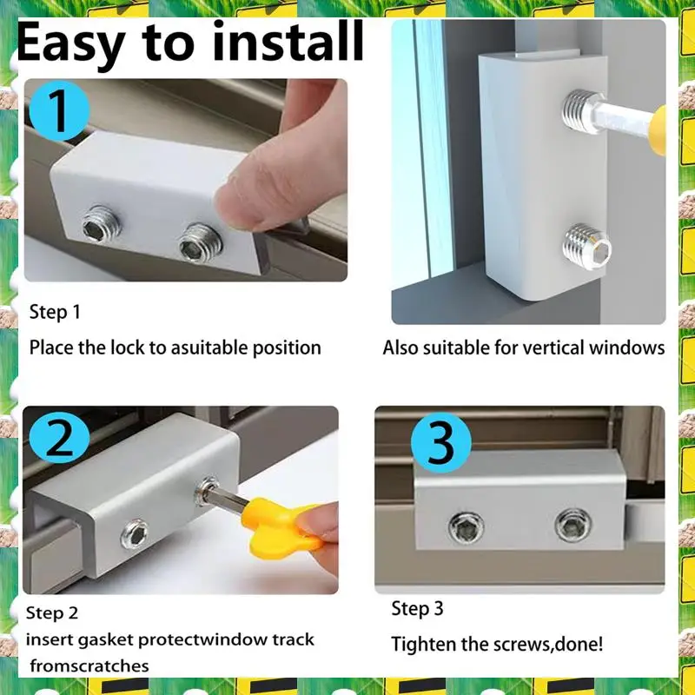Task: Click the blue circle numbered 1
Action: [59, 111]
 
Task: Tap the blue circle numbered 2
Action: [59, 437]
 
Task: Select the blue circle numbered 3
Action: [440, 443]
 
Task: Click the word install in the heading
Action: [288, 41]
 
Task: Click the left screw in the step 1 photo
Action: [102, 224]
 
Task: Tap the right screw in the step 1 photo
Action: [201, 243]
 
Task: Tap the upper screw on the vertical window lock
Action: [581, 111]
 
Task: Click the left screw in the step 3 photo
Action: [466, 527]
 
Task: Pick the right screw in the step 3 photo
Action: [573, 525]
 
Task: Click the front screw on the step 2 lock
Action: [135, 533]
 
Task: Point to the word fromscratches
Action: [89, 665]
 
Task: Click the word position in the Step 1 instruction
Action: [287, 348]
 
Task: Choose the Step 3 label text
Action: [417, 609]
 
